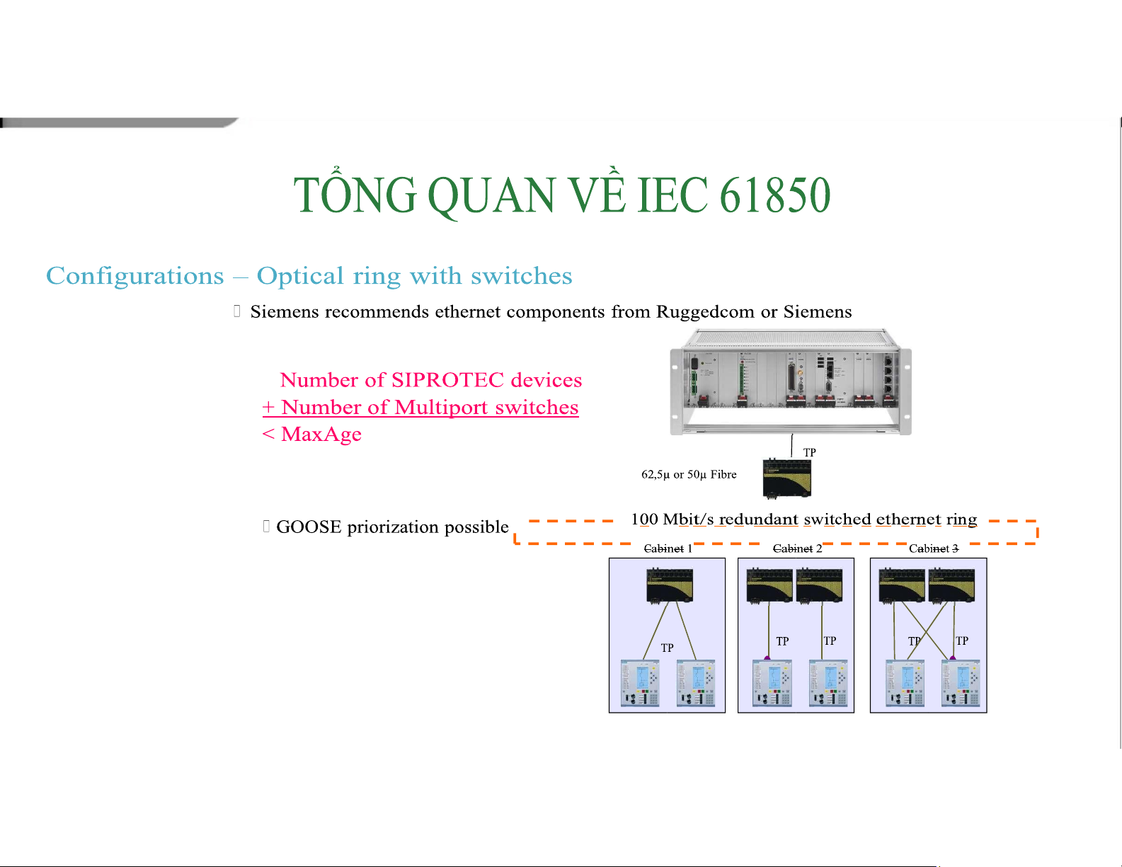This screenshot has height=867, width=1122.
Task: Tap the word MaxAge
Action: point(321,434)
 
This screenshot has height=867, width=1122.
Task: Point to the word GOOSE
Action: point(309,527)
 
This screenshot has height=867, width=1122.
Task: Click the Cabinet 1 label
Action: point(668,549)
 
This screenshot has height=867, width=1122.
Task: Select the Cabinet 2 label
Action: point(797,549)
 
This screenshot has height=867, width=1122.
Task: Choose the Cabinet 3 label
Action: point(934,549)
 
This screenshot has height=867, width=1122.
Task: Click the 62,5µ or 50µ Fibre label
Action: point(689,474)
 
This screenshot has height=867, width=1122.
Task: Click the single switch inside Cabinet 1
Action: point(670,585)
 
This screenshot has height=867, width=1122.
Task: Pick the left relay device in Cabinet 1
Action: point(640,683)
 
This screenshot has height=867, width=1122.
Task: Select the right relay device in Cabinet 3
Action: point(961,683)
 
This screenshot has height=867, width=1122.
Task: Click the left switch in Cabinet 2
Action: point(769,585)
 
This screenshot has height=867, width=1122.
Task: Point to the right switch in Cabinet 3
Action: point(951,585)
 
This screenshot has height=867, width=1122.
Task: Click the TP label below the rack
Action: point(809,452)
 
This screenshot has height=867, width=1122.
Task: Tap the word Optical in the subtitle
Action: point(300,276)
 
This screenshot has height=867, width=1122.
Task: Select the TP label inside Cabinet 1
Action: point(667,648)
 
